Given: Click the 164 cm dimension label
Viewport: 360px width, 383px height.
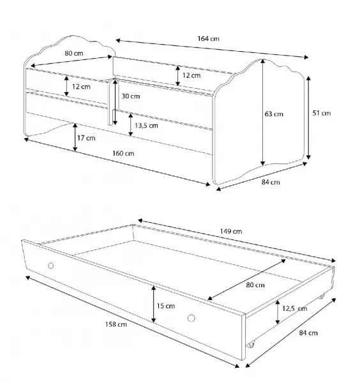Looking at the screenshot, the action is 208,38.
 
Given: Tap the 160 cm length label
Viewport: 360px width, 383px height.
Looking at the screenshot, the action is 123,153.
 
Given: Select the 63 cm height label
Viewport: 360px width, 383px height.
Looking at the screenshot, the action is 274,114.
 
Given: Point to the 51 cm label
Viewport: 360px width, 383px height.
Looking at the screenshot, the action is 322,113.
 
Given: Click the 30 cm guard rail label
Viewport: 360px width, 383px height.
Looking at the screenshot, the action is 131,96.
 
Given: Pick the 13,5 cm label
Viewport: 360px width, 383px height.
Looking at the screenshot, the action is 147,126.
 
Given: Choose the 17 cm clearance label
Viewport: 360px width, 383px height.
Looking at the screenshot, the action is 86,138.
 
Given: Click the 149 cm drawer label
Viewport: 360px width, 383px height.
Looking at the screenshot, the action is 231,231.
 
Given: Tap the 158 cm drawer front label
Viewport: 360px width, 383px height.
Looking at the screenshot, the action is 116,324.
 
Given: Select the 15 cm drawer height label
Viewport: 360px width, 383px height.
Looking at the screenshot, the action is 165,306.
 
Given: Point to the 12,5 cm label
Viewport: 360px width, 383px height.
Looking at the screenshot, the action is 294,308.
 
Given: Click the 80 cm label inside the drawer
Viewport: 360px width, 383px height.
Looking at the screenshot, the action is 255,285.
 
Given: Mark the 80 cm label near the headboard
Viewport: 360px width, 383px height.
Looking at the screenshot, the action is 74,53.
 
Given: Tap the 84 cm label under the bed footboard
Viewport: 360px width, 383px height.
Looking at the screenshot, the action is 271,182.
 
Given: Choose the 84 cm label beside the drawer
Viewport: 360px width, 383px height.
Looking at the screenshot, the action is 308,333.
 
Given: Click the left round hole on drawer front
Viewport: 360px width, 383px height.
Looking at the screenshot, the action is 51,266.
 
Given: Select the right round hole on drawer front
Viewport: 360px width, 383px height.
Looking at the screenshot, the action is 191,318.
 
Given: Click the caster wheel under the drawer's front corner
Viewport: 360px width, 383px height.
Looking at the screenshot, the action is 251,345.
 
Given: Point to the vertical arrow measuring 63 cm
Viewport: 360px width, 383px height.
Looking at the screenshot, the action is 263,112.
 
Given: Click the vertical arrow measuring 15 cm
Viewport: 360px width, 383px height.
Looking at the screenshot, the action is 153,304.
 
